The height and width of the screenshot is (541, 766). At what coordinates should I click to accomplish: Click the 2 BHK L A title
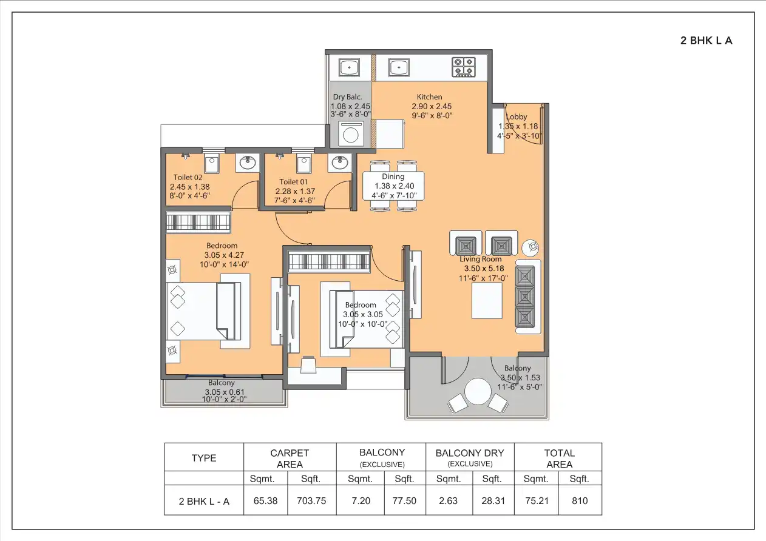[x=706, y=41]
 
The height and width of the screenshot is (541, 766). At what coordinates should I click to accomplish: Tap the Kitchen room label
[x=429, y=97]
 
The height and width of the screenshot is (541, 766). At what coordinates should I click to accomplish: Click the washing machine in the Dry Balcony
[x=350, y=133]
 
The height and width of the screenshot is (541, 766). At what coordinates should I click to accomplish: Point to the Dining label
[x=393, y=176]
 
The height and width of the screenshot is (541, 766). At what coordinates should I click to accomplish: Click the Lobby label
[x=517, y=117]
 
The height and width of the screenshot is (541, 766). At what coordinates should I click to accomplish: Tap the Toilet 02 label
[x=188, y=178]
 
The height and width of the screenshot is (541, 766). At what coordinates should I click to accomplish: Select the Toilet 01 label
[x=294, y=182]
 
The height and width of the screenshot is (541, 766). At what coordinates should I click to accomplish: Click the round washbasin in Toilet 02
[x=247, y=163]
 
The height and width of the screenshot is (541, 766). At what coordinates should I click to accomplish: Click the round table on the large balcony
[x=478, y=391]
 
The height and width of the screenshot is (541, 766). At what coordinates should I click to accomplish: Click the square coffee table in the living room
[x=487, y=301]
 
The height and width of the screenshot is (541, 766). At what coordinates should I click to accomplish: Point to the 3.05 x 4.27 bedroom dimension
[x=224, y=255]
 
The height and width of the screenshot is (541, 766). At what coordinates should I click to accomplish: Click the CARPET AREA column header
[x=290, y=459]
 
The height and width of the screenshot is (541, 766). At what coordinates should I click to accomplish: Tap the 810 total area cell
[x=579, y=502]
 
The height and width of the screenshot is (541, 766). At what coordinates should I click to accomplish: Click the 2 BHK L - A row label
[x=203, y=502]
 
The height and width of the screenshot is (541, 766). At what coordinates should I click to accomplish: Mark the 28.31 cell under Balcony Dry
[x=492, y=502]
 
